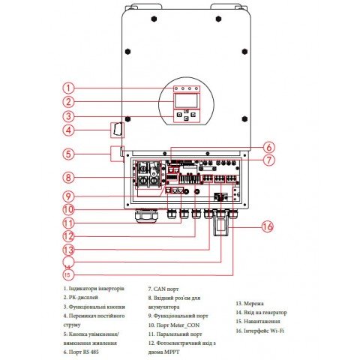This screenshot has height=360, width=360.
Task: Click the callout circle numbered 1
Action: [x=68, y=88]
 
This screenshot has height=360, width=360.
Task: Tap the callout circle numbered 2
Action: [x=68, y=102]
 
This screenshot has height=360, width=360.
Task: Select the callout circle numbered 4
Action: [x=68, y=130]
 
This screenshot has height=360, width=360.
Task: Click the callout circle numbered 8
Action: [x=68, y=178]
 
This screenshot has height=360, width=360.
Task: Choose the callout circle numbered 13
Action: [x=68, y=249]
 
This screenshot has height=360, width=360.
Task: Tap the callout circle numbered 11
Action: [x=68, y=223]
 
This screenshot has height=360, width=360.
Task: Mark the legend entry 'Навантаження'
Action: [x=259, y=321]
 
